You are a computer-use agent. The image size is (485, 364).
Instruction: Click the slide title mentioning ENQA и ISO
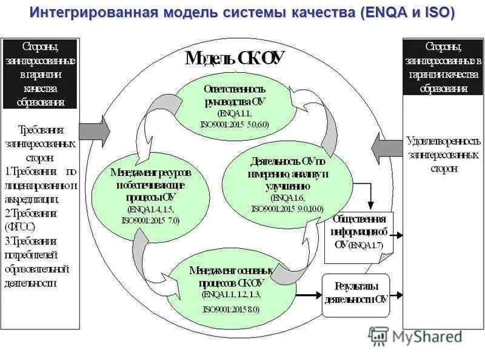coord(242,13)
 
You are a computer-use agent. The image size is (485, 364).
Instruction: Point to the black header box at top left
coord(40,73)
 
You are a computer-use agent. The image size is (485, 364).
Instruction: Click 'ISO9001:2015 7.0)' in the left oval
coord(151,220)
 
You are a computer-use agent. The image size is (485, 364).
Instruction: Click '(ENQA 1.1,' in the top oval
coord(234,113)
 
